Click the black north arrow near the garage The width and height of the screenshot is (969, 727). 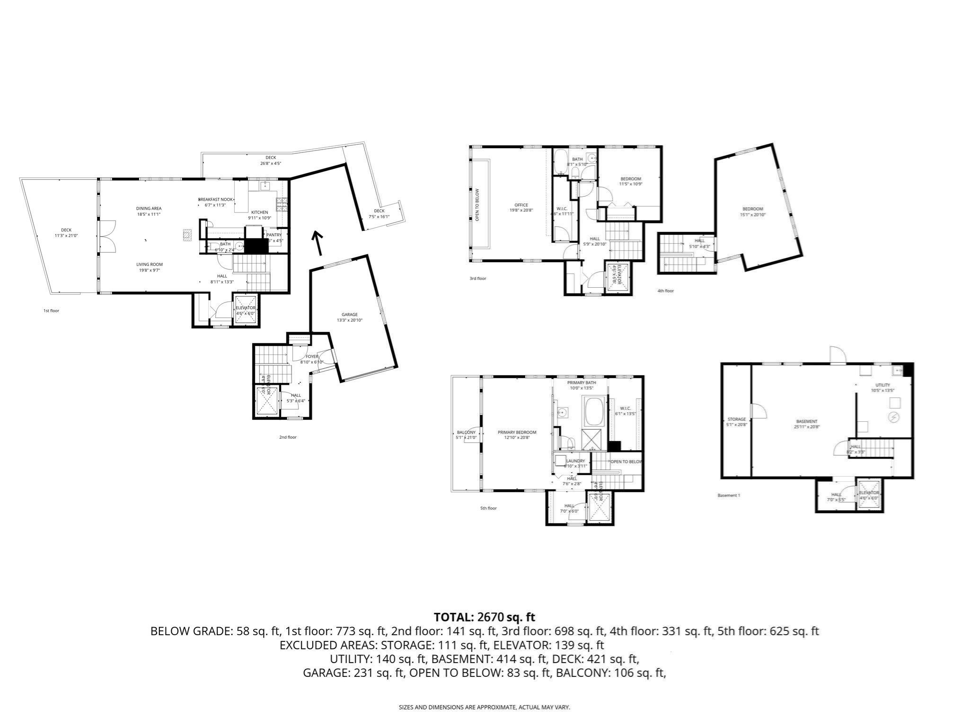(317, 243)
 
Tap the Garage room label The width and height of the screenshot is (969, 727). (350, 317)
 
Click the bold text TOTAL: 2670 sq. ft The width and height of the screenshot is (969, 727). (484, 617)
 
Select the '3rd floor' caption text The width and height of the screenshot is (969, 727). (477, 279)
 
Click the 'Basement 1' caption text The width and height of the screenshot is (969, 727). (728, 496)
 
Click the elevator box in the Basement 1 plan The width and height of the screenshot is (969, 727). (869, 495)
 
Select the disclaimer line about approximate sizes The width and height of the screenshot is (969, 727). (484, 708)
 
